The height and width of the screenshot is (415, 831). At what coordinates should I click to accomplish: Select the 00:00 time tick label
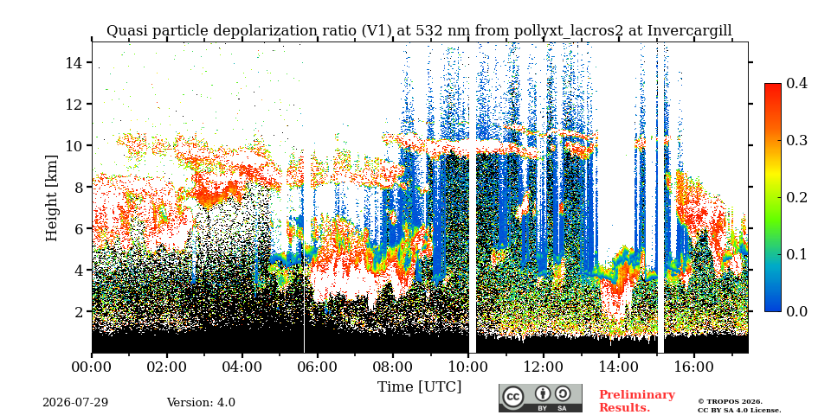coord(92,367)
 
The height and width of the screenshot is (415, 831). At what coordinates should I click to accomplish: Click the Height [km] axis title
coord(51,198)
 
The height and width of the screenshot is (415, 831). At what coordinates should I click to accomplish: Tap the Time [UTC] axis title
coord(419,387)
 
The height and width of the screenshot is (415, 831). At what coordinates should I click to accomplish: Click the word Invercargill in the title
coord(690,31)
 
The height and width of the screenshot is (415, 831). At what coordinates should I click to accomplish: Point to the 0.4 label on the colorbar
coord(797,83)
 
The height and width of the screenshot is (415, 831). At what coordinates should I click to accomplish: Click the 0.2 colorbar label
coord(797,197)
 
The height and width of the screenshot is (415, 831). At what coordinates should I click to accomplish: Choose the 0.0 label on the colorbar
coord(797,311)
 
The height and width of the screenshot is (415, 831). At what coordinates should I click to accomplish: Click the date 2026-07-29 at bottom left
coord(75,403)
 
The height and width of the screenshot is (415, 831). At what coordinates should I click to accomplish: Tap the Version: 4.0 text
coord(201,403)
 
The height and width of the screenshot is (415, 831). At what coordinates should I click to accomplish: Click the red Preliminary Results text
coord(637,401)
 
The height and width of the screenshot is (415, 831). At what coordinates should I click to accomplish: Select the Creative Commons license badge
coord(540,398)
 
